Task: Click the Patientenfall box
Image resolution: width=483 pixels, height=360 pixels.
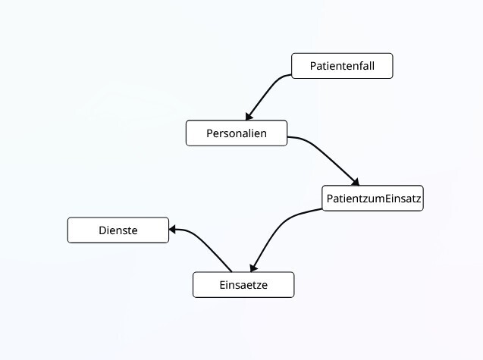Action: tap(342, 66)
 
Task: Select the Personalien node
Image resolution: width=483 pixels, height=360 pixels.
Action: tap(237, 133)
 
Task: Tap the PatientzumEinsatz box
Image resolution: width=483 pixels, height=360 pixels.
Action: tap(372, 199)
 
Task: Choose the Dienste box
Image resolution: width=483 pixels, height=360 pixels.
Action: tap(118, 230)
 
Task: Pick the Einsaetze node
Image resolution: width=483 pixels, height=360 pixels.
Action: tap(243, 285)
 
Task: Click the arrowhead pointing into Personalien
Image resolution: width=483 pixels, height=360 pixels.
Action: tap(246, 116)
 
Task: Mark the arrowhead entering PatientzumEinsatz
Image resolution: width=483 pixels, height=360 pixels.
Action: tap(353, 182)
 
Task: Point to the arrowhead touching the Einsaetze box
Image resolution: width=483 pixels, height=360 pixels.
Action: tap(255, 267)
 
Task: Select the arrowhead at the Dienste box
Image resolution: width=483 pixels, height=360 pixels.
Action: tap(174, 229)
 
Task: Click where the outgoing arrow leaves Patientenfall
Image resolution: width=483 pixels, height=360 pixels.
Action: tap(292, 74)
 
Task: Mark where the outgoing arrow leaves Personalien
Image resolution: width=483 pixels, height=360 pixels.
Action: tap(288, 137)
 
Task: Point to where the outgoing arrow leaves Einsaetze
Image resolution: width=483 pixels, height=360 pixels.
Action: tap(231, 271)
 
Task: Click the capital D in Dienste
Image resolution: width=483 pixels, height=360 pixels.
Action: tap(102, 230)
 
